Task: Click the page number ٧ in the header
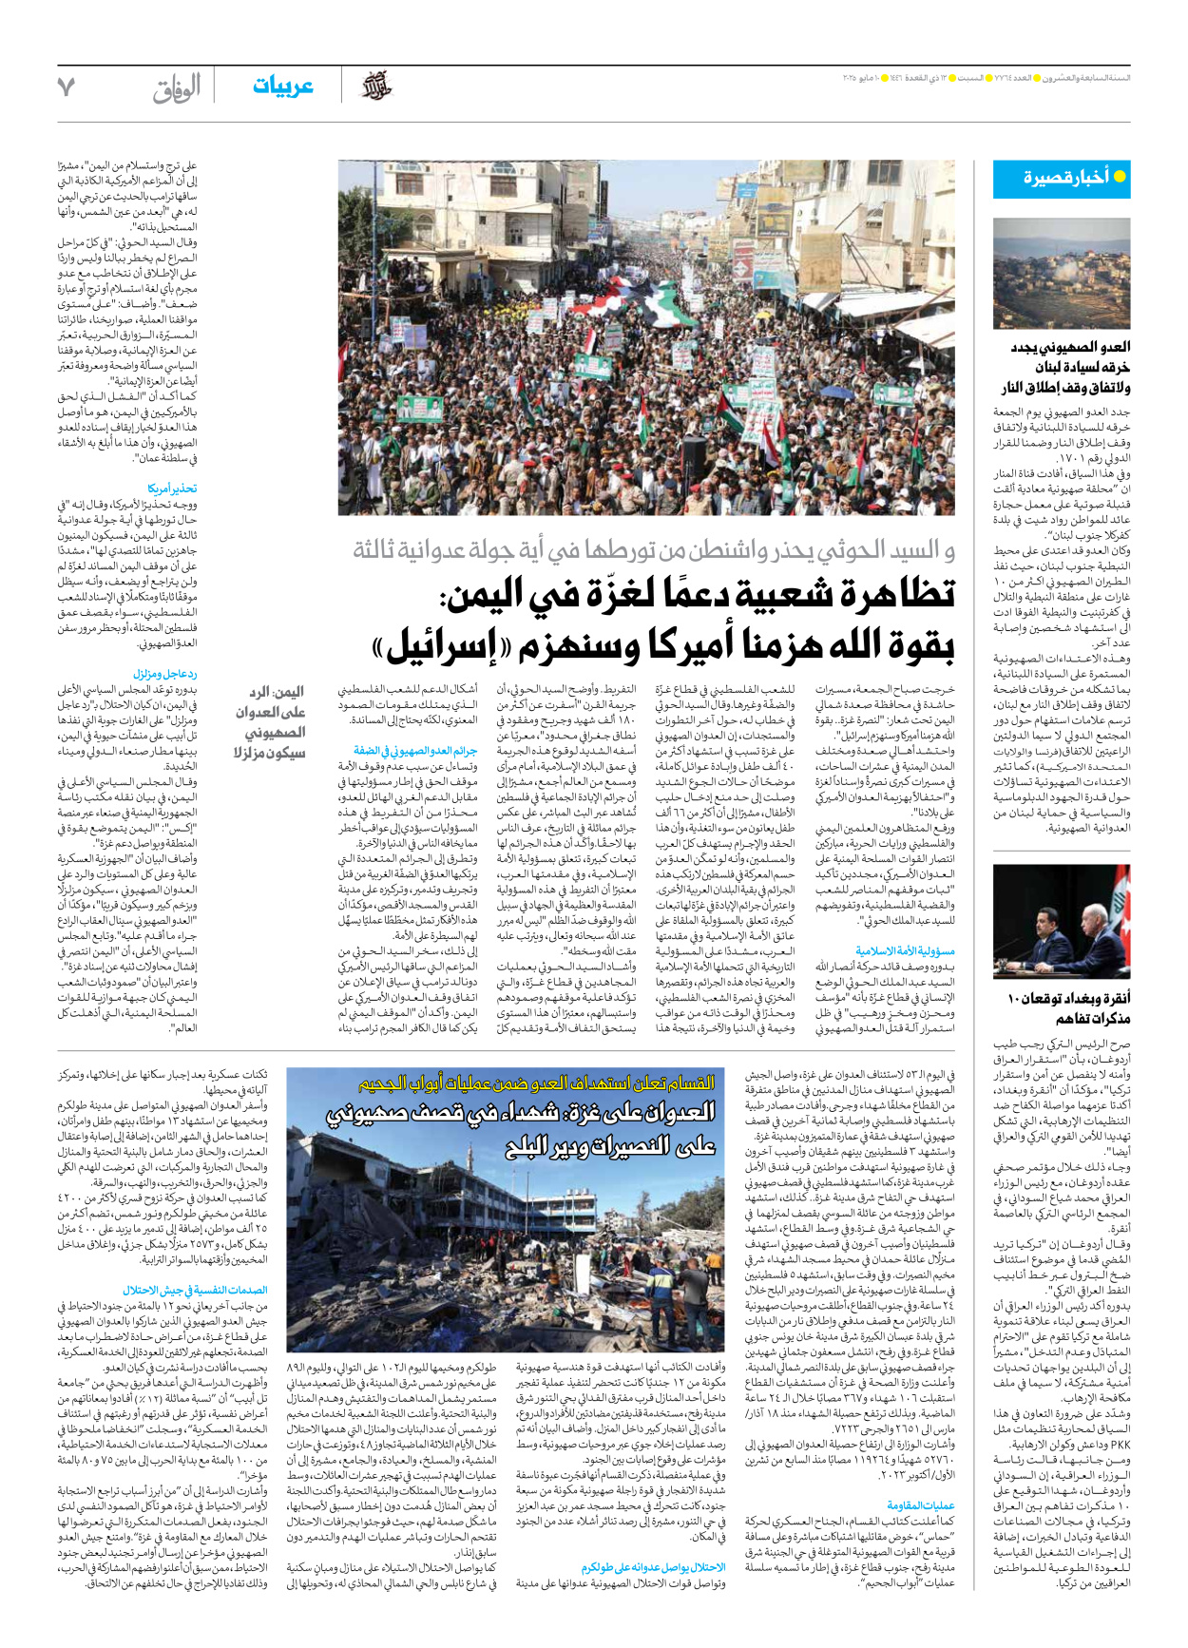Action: coord(66,86)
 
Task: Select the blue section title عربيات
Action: coord(282,86)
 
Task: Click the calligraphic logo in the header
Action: coord(376,86)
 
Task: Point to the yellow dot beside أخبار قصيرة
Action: coord(1119,177)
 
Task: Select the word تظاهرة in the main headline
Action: coord(890,593)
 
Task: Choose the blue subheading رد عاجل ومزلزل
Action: coord(165,673)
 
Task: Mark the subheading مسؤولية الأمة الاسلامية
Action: coord(905,950)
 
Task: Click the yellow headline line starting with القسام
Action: coord(536,1083)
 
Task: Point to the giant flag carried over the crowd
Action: coord(665,304)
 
